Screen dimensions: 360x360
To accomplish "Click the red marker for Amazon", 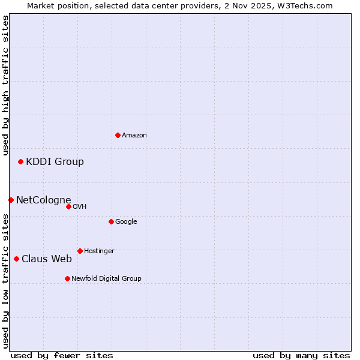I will (x=118, y=135).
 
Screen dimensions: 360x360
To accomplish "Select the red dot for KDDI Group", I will (x=20, y=161).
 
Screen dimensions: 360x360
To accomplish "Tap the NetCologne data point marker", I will (x=11, y=200).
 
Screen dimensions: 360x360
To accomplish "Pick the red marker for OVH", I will (x=68, y=206).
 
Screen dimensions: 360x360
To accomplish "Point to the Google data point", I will (x=111, y=221).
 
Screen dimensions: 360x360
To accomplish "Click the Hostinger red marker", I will (x=80, y=251).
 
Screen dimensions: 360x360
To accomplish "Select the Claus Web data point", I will (x=16, y=259).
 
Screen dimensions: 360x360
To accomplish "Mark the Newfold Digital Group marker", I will (x=67, y=278).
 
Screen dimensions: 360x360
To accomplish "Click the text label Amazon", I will (x=134, y=136).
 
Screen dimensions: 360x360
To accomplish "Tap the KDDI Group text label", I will (x=55, y=161).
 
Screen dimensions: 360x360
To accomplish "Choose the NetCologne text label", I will (x=43, y=200).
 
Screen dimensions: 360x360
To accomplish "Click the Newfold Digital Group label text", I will (x=106, y=278).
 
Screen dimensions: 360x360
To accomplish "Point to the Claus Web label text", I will (x=46, y=259).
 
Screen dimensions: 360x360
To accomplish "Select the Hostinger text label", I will (x=99, y=251).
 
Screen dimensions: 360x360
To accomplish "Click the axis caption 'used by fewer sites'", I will (x=62, y=355).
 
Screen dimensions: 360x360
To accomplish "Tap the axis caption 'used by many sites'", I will (x=301, y=355).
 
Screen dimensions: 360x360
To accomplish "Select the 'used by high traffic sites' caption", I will (x=5, y=85).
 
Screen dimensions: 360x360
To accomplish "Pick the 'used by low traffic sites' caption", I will (x=5, y=280).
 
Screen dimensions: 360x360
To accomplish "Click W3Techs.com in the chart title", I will (x=308, y=5).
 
